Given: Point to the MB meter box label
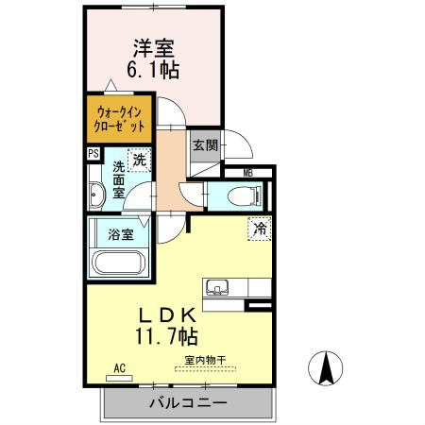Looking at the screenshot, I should pos(247,172).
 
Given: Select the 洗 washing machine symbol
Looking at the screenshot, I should pos(139,161).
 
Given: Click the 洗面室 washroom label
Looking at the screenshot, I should pos(119,179).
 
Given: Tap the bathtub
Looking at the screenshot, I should pos(118,262).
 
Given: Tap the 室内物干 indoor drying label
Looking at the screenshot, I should pos(205,360).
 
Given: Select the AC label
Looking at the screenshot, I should pos(120,367).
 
